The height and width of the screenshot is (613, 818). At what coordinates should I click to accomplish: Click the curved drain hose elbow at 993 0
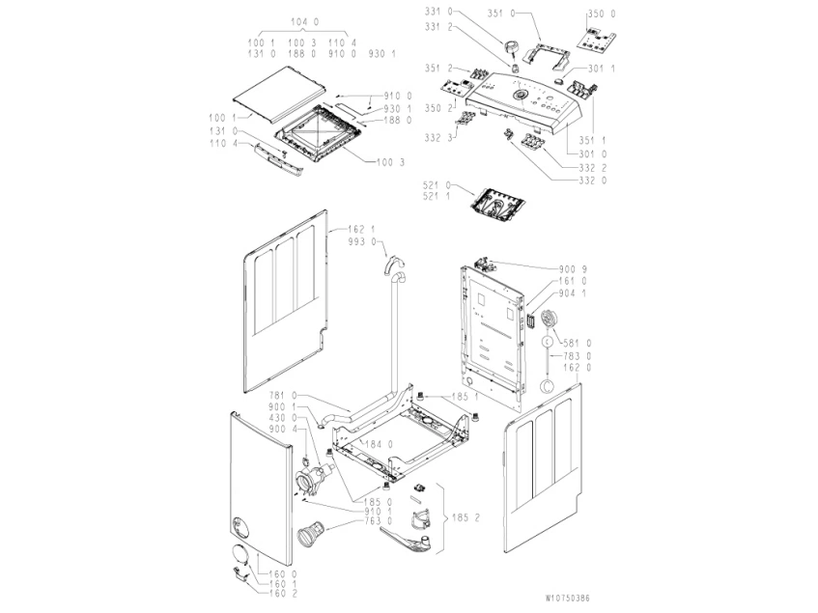(395, 265)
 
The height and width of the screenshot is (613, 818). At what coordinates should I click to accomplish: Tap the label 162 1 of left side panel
(360, 229)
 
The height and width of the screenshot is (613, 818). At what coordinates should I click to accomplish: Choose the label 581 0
(578, 343)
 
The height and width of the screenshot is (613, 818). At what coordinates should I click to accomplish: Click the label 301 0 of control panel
(594, 153)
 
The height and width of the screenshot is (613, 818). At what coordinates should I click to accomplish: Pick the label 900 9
(573, 268)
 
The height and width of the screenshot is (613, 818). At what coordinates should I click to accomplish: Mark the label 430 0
(282, 417)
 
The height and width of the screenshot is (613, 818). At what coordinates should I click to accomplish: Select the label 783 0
(578, 355)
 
